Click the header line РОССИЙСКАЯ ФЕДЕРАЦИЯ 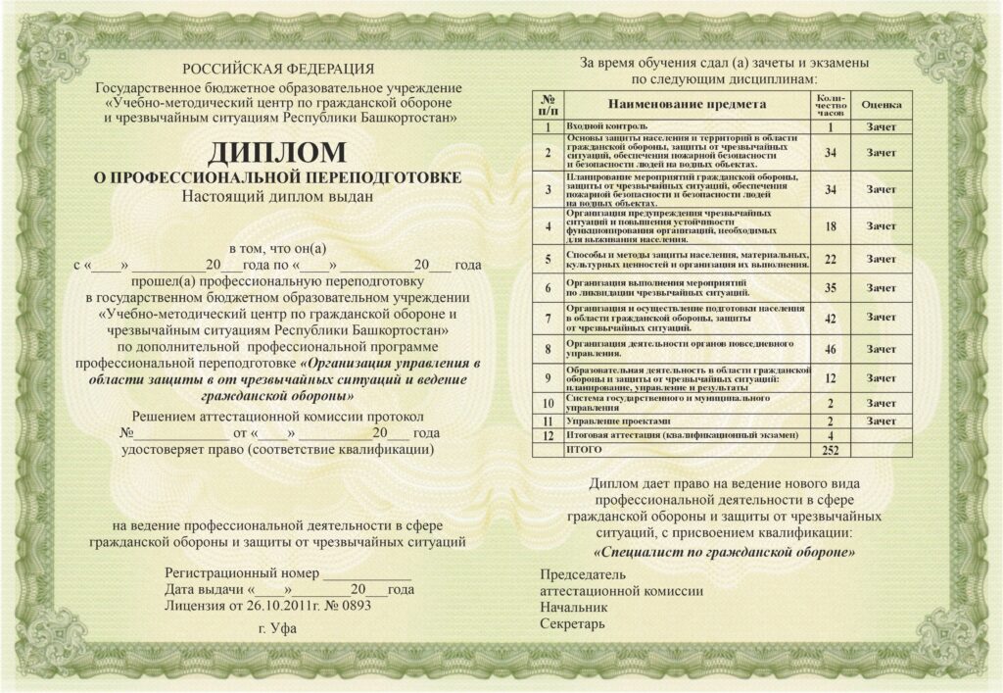tap(277, 69)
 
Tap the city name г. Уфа tap(276, 628)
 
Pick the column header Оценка tap(881, 103)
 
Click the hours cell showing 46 tap(830, 349)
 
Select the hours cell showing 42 tap(830, 318)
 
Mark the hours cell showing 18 tap(830, 226)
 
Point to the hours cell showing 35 tap(830, 288)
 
